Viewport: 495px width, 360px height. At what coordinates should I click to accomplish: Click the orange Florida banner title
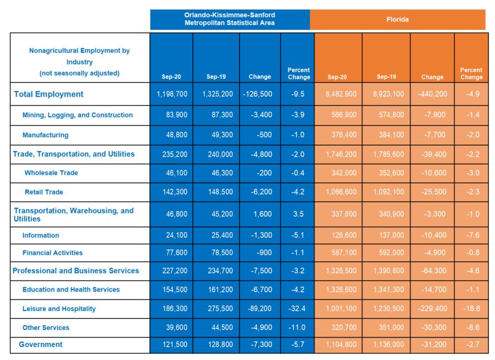397,19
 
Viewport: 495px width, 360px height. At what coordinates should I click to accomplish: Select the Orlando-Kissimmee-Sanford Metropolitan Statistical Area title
229,19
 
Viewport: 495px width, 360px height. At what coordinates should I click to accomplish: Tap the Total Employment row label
49,94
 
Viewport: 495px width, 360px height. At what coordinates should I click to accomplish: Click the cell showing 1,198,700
172,94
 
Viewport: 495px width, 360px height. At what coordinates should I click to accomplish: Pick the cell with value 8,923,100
388,94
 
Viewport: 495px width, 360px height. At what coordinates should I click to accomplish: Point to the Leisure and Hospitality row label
59,309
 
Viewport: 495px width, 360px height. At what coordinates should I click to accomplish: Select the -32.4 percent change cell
297,308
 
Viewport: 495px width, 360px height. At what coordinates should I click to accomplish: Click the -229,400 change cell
432,308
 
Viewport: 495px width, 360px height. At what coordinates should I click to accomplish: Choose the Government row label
41,344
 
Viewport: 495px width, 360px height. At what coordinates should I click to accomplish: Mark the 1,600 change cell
263,214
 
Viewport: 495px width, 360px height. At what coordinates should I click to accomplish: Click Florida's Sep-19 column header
387,77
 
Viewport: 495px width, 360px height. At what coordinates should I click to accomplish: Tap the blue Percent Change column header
299,73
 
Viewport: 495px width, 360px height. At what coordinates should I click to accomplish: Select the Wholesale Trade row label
51,173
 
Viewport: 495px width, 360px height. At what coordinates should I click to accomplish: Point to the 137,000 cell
392,235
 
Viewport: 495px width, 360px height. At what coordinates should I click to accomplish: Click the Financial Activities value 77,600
177,253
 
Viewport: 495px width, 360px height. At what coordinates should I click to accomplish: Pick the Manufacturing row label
45,135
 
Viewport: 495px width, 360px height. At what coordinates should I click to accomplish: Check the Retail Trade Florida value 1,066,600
341,192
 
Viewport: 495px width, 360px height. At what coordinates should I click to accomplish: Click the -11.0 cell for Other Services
297,327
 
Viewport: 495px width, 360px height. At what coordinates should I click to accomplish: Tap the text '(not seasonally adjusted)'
79,73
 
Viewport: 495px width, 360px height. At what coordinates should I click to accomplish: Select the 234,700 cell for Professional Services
221,271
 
